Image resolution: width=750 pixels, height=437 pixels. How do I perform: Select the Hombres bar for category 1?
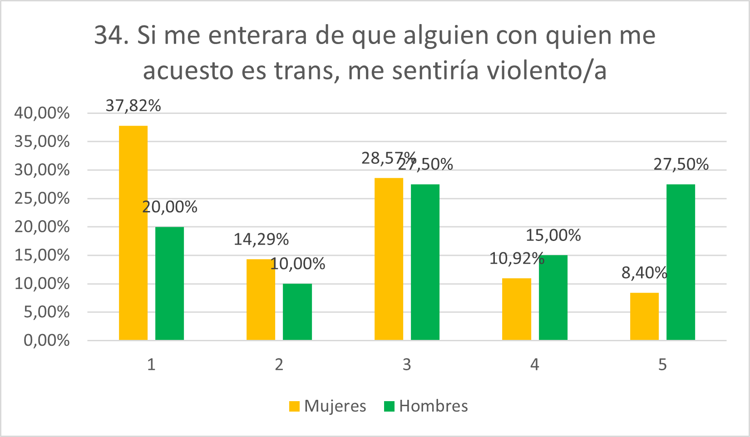point(169,283)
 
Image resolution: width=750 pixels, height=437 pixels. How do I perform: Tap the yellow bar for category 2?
point(261,300)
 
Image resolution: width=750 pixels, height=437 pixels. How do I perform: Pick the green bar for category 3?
point(425,262)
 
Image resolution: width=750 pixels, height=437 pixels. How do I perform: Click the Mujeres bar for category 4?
point(516,309)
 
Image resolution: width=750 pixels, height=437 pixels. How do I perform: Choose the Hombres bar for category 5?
point(681,262)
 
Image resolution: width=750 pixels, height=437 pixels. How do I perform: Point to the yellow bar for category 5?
point(644,316)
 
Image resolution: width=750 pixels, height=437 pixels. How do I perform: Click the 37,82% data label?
point(133,106)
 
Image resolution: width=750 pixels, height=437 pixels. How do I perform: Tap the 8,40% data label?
point(644,273)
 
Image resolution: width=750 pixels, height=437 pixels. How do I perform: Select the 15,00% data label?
point(553,235)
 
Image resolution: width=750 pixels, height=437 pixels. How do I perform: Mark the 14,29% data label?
point(261,239)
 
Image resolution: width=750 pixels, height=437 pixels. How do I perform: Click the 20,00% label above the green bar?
point(169,207)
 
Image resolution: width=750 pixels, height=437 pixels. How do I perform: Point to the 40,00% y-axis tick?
point(42,113)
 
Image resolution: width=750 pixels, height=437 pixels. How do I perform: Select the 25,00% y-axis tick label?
point(42,198)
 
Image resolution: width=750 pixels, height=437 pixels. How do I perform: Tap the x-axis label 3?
point(407,364)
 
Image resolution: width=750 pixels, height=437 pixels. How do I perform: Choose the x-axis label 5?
point(662,364)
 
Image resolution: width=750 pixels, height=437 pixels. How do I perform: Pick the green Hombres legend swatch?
point(389,406)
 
